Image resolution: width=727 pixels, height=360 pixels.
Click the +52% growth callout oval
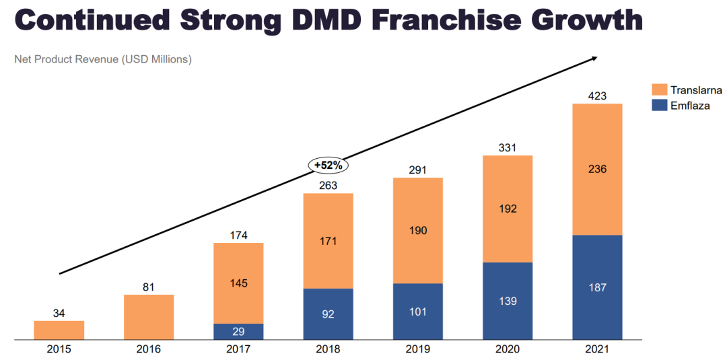328,165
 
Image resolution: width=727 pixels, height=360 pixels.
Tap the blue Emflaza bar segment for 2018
328,314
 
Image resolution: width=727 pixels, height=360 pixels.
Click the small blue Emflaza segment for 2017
238,332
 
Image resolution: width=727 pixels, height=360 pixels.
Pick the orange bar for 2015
59,330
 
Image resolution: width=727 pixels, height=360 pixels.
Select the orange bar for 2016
149,317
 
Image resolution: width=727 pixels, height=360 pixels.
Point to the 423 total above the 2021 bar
597,96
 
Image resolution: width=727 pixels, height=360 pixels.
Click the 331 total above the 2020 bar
508,147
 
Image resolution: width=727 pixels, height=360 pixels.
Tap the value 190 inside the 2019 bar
417,231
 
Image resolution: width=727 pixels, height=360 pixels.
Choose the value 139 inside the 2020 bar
508,301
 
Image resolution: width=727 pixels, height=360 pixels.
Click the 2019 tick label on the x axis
417,349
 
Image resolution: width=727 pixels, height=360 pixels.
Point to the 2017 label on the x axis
238,349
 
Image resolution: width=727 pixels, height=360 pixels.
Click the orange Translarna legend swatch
659,90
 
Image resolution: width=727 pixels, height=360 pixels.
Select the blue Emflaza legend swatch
659,105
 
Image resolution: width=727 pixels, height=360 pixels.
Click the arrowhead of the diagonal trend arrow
593,59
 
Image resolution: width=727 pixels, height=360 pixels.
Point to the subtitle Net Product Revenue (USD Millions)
103,59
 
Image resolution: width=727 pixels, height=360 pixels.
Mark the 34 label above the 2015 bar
59,313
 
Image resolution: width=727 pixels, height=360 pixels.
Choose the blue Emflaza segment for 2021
597,287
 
